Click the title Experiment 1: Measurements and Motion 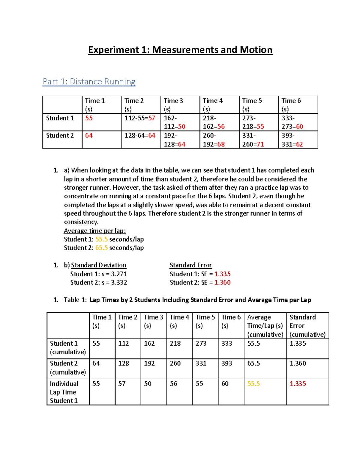(180, 50)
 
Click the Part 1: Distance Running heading (89, 82)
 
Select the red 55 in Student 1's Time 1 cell (89, 118)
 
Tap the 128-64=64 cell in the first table (140, 136)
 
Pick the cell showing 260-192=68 (214, 140)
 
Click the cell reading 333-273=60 (292, 122)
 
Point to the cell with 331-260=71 (253, 140)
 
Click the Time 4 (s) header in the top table (213, 105)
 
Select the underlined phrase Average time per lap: (95, 231)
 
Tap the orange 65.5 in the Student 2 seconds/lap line (101, 248)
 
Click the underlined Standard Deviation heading (98, 265)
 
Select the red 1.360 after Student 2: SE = (222, 283)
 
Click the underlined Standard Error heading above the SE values (191, 265)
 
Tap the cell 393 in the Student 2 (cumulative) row (227, 363)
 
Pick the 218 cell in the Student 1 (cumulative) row (175, 344)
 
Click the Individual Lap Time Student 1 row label (64, 392)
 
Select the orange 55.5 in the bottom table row (253, 384)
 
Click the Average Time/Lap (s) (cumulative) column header (265, 326)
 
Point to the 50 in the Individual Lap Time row (148, 384)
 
